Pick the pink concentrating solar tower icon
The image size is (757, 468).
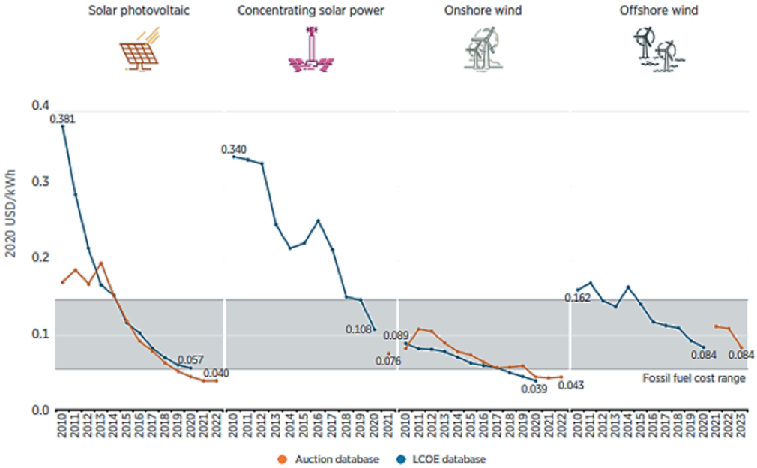(310, 51)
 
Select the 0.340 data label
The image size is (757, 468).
(235, 149)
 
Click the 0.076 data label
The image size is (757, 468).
(388, 361)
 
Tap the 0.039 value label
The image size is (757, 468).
(534, 389)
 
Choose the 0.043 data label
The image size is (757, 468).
(570, 385)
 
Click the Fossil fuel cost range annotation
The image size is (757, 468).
(694, 378)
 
